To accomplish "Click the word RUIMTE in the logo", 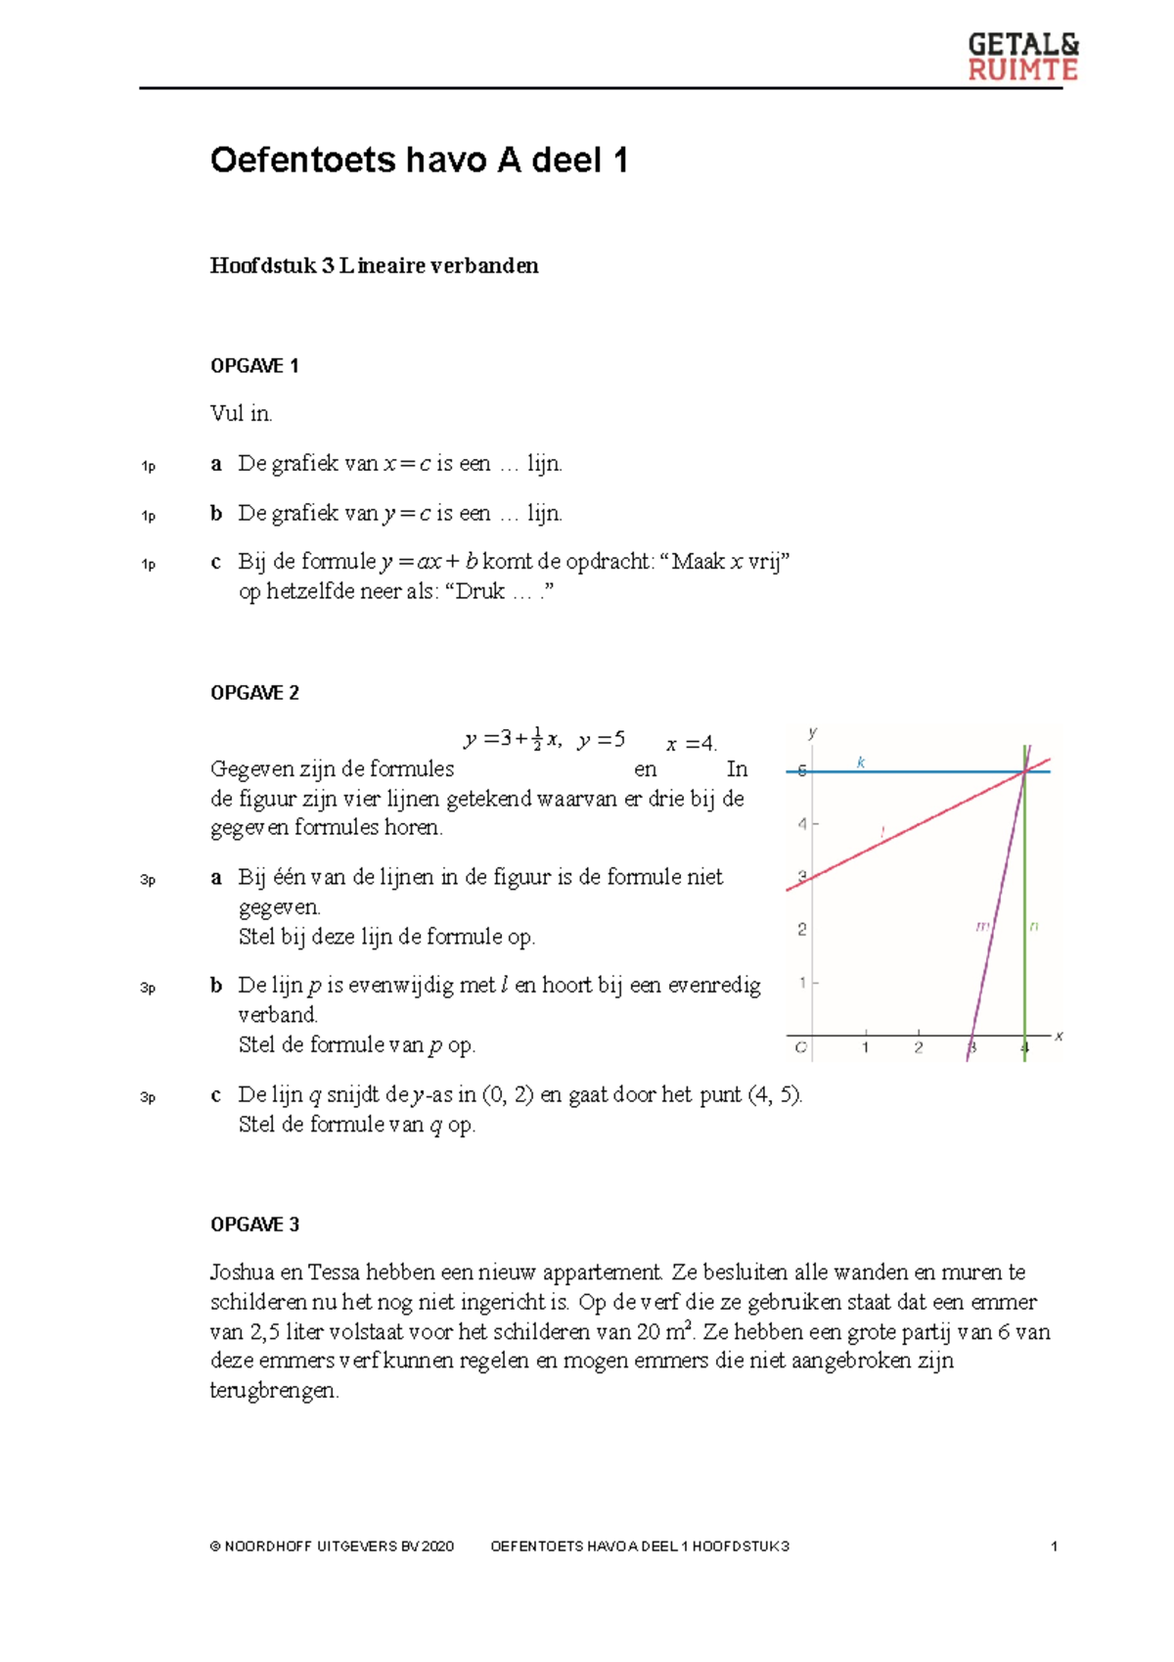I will [x=1022, y=70].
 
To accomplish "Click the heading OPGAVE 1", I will [x=254, y=366].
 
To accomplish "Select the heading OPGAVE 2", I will [x=254, y=693].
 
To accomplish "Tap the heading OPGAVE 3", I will [x=254, y=1224].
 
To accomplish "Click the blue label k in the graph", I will [x=861, y=762].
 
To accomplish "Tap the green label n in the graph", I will [x=1034, y=926].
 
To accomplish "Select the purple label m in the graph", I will [x=982, y=926].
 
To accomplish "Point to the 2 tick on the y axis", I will [x=802, y=929].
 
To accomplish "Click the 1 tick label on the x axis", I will [x=865, y=1048].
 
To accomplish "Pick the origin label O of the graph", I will [x=801, y=1048].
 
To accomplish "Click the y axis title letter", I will [x=812, y=733].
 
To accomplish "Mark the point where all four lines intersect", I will [x=1025, y=772].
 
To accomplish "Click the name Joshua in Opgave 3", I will [x=242, y=1272].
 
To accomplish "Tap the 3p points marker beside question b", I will [x=148, y=989].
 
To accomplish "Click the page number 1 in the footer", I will [x=1054, y=1547].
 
